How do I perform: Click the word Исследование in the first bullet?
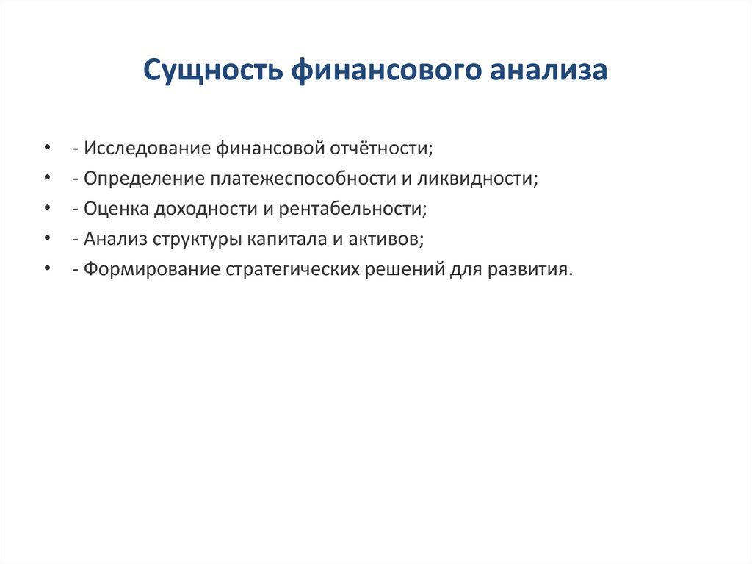pyautogui.click(x=146, y=149)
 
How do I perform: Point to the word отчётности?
pyautogui.click(x=380, y=149)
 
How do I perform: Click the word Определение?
pyautogui.click(x=143, y=179)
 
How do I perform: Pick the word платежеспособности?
pyautogui.click(x=310, y=179)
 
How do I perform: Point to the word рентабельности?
pyautogui.click(x=351, y=209)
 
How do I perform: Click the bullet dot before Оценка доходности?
pyautogui.click(x=48, y=209)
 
